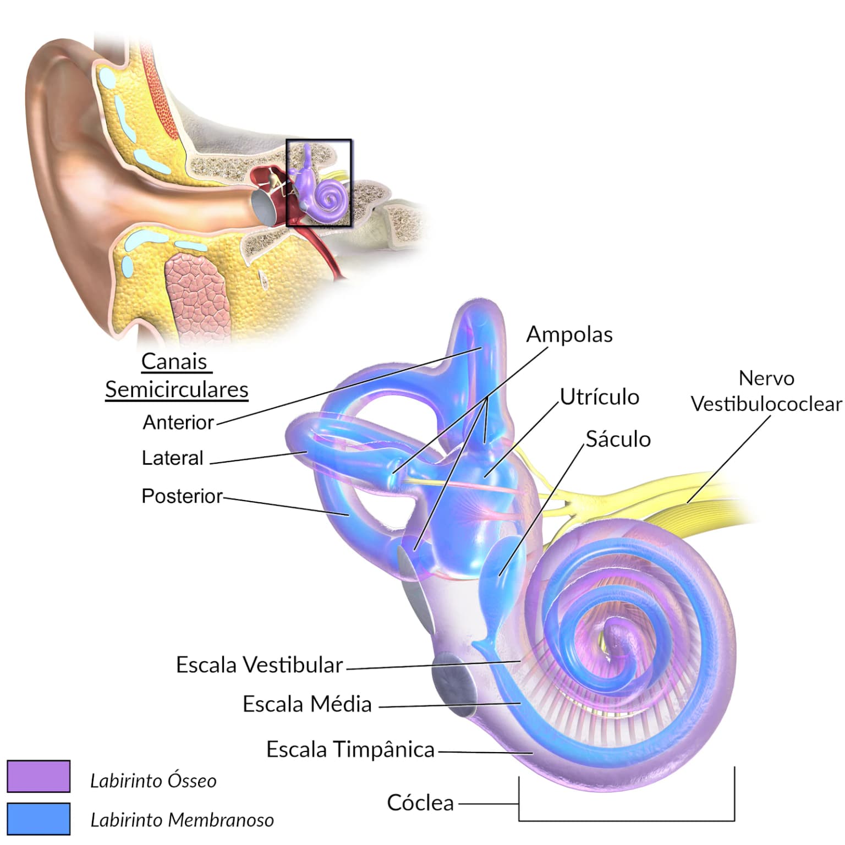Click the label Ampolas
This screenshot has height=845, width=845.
click(569, 334)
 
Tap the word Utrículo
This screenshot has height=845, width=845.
click(600, 397)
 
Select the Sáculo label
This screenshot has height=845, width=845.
click(618, 439)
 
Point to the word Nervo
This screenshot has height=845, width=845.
click(766, 378)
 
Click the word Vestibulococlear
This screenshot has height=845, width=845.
click(766, 404)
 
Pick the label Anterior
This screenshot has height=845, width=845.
click(178, 422)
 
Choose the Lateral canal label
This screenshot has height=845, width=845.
click(172, 458)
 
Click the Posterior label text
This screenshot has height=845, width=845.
click(182, 496)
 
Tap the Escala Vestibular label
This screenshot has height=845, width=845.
click(259, 665)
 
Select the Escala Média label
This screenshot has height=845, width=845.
click(307, 704)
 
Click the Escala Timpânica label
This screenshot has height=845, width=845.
click(350, 750)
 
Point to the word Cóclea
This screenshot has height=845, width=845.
click(420, 803)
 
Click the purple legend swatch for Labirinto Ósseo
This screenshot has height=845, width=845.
click(39, 776)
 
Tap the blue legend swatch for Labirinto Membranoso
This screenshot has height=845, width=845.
click(39, 819)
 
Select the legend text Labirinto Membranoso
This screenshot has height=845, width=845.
click(182, 820)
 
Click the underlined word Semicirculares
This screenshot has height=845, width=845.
click(177, 389)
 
